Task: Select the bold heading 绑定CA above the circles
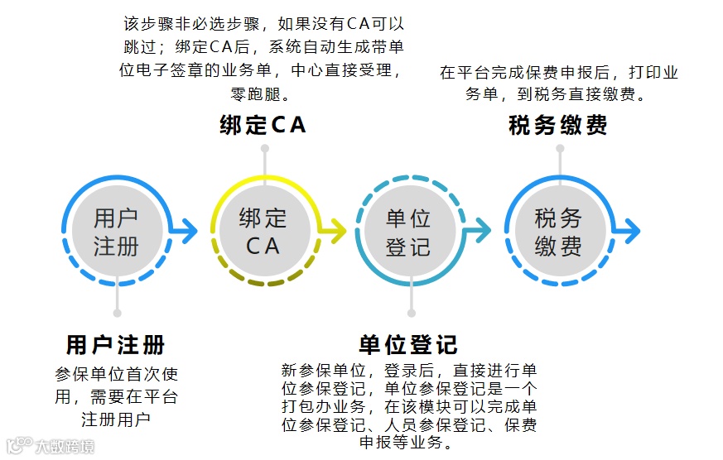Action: point(263,125)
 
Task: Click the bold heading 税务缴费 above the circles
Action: point(557,125)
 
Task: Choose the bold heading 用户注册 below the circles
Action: point(116,344)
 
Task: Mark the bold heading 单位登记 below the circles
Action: point(408,344)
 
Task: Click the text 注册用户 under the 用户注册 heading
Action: point(116,419)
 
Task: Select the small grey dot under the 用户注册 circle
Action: point(118,313)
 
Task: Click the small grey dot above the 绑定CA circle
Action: point(265,149)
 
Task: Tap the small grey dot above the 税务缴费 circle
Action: point(560,149)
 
